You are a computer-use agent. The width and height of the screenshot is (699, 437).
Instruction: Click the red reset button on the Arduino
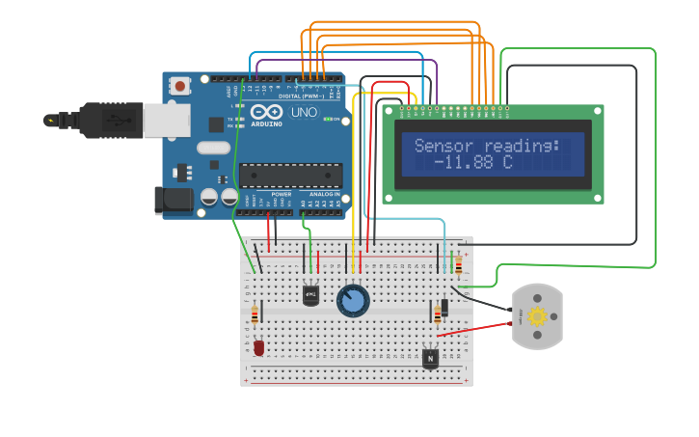pos(179,87)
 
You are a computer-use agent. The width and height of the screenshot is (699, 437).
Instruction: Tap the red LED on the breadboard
pos(258,346)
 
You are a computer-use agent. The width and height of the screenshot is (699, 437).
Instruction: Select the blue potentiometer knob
pos(353,301)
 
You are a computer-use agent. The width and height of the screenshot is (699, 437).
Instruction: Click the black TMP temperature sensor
pos(310,295)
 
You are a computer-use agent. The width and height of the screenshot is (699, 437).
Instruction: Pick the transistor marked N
pos(430,358)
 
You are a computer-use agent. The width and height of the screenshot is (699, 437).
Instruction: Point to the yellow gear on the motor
pos(537,315)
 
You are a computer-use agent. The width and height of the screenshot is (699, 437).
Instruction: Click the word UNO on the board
pos(304,113)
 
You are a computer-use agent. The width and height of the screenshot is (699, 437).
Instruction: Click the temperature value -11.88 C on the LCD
pos(473,163)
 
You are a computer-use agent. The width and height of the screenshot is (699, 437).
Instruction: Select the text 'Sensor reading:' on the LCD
pos(487,146)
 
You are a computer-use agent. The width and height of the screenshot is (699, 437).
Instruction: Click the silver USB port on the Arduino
pos(167,120)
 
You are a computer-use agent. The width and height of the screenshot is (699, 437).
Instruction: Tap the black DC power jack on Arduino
pos(173,200)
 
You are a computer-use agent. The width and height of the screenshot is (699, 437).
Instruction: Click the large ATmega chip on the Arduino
pos(290,175)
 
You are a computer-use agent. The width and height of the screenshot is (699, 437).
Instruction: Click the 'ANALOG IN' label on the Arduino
pos(324,194)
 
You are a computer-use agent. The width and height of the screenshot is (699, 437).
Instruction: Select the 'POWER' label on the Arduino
pos(282,194)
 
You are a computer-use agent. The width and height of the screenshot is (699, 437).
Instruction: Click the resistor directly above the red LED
pos(255,314)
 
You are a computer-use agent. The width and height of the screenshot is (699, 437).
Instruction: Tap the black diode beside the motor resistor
pos(444,306)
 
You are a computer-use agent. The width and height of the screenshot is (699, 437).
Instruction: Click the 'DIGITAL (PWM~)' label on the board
pos(300,96)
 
